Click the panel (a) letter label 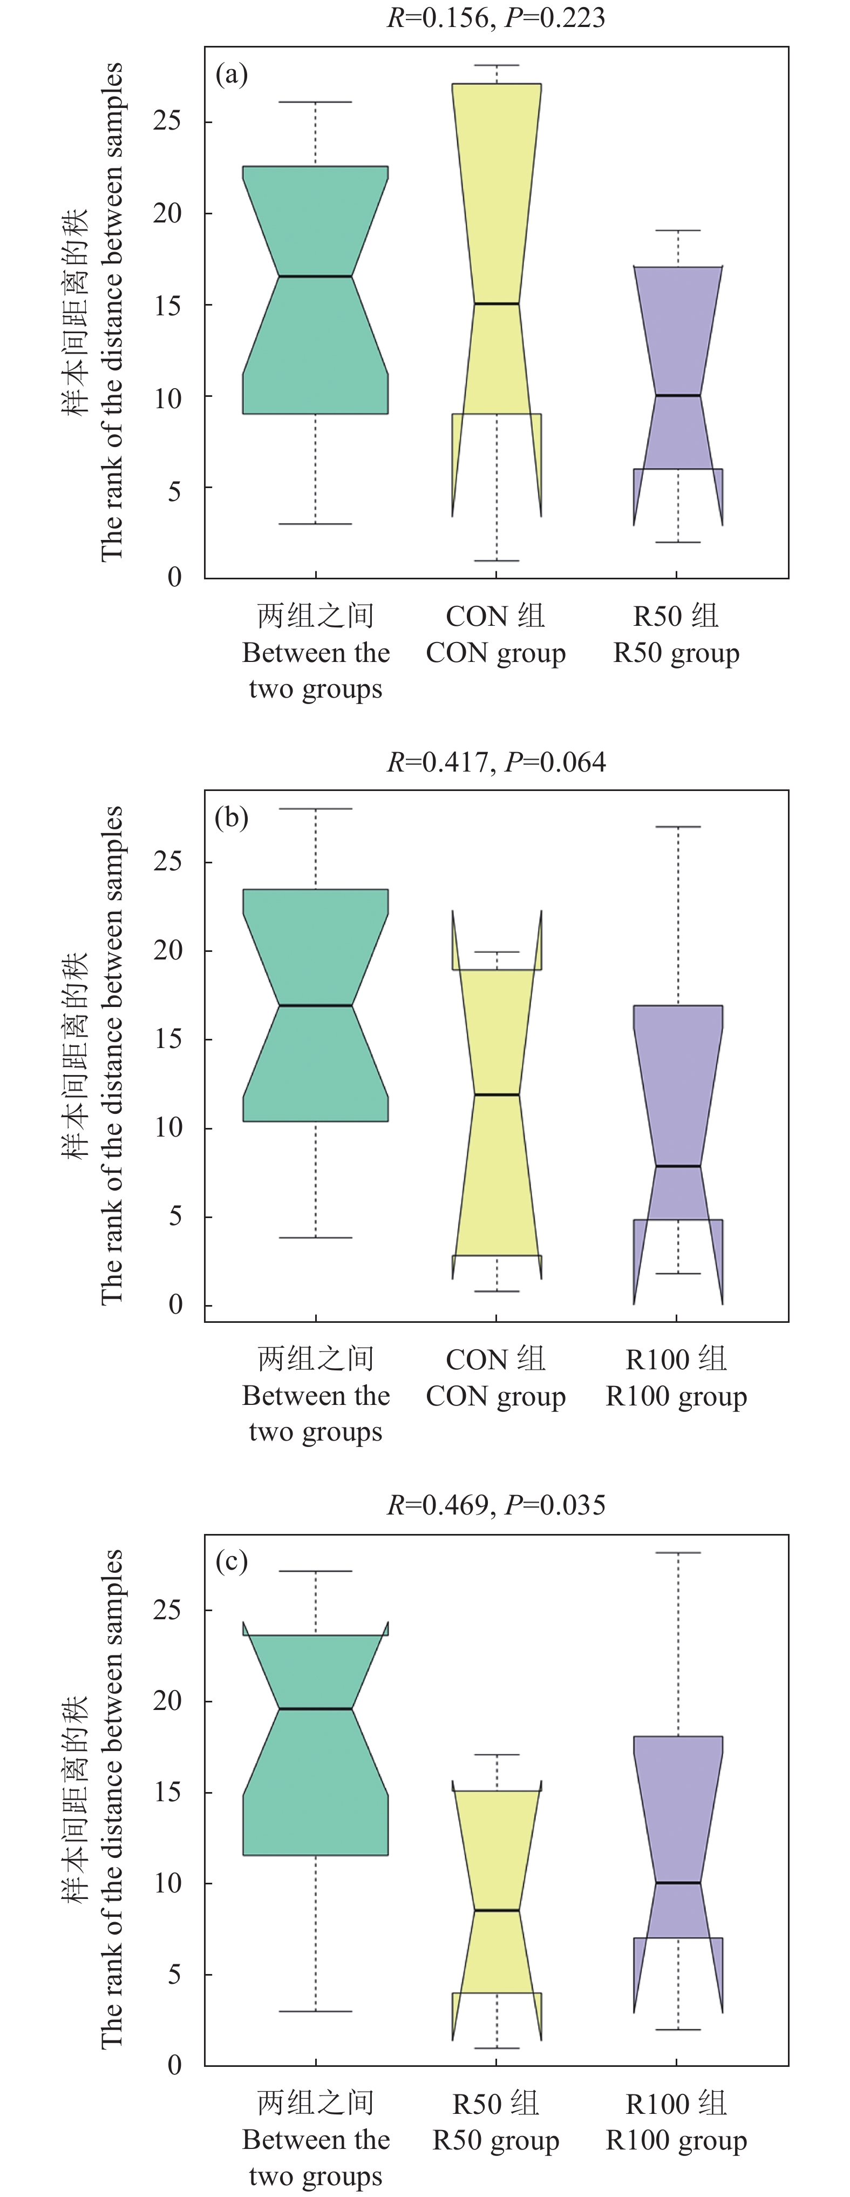[x=232, y=75]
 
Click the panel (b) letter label [x=232, y=818]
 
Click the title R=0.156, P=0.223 [x=496, y=18]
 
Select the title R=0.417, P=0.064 [x=496, y=762]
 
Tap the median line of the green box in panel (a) [x=316, y=276]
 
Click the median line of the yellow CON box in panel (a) [x=496, y=303]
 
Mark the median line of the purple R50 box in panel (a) [x=678, y=396]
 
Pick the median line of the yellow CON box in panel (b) [x=496, y=1094]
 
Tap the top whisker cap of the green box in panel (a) [x=316, y=103]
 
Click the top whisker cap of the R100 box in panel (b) [x=678, y=827]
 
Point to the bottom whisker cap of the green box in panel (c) [x=316, y=2011]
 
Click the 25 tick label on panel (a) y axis [x=167, y=121]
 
